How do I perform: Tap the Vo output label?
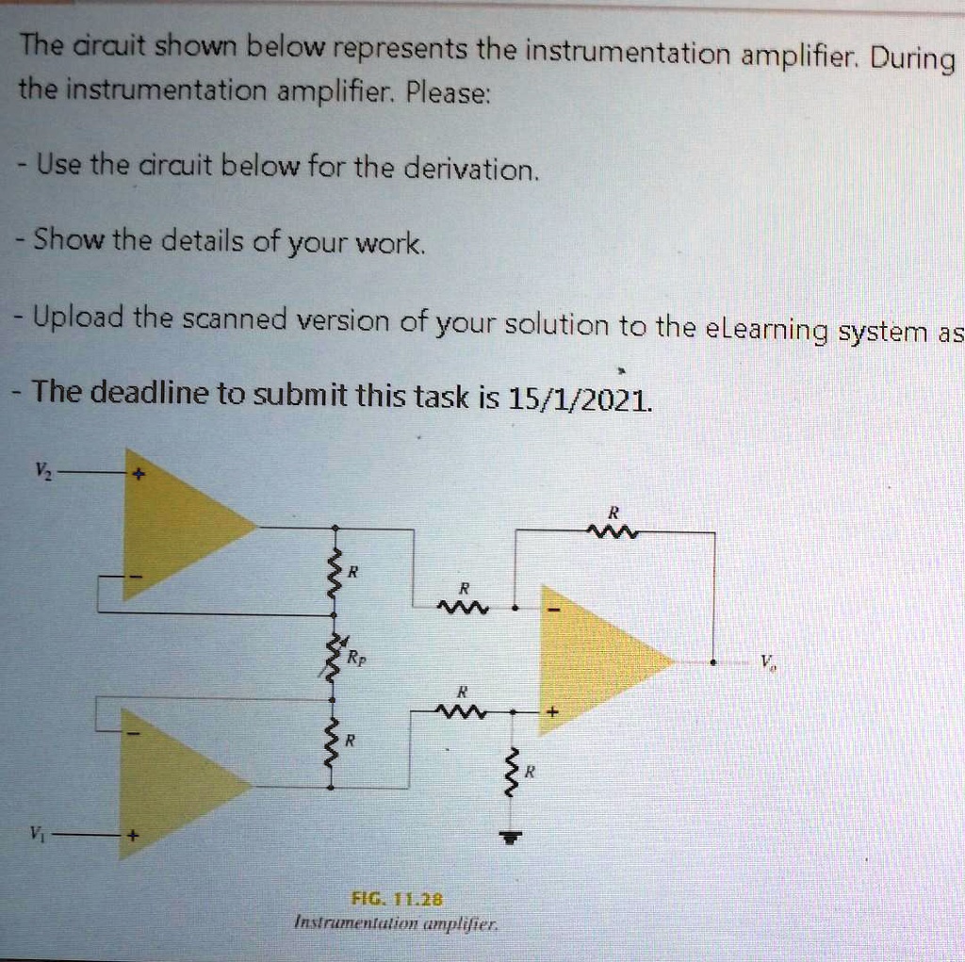pyautogui.click(x=765, y=662)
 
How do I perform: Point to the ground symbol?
pyautogui.click(x=510, y=836)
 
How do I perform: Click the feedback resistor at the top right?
pyautogui.click(x=613, y=534)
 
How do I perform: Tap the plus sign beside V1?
pyautogui.click(x=134, y=835)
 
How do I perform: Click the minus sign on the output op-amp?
pyautogui.click(x=555, y=610)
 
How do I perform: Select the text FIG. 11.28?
pyautogui.click(x=396, y=898)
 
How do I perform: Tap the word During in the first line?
pyautogui.click(x=911, y=59)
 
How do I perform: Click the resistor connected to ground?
pyautogui.click(x=511, y=774)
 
